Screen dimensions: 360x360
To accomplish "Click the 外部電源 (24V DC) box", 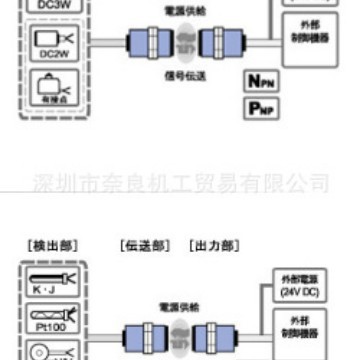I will (x=297, y=286).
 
